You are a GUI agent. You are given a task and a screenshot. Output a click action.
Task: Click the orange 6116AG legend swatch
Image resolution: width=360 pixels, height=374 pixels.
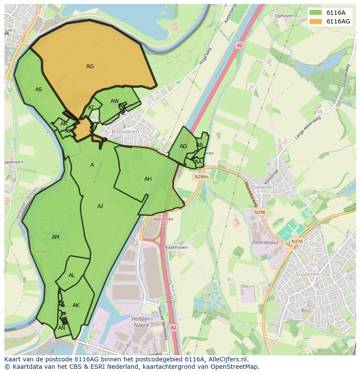316,21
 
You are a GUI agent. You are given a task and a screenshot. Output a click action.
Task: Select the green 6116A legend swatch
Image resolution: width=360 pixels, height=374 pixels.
316,13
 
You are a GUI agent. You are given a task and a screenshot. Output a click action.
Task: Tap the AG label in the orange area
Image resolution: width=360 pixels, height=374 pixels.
90,66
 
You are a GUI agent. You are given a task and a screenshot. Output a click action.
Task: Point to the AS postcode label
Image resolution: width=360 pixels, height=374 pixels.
39,89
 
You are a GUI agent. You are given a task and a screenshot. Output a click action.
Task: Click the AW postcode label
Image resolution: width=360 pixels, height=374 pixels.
114,101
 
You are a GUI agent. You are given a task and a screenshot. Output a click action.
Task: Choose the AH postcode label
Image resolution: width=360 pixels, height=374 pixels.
148,179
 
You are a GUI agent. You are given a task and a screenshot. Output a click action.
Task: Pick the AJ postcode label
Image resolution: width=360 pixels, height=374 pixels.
100,206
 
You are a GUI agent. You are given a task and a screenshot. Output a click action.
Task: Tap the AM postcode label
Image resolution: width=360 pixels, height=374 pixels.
56,237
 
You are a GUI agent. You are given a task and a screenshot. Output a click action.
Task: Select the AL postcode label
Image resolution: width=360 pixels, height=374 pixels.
72,275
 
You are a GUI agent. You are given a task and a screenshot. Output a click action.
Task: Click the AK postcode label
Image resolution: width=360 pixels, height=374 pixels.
76,305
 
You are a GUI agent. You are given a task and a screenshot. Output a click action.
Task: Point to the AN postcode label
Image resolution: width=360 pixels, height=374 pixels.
61,328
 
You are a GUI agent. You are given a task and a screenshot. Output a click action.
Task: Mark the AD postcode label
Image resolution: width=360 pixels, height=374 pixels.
183,146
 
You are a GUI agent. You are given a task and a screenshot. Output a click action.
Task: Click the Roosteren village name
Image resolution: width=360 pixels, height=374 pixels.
125,131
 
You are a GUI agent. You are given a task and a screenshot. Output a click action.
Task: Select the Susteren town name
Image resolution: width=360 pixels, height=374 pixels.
307,274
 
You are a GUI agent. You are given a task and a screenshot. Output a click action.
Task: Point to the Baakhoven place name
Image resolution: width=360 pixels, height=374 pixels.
176,247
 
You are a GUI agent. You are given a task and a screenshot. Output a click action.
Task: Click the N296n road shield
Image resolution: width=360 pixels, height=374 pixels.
201,177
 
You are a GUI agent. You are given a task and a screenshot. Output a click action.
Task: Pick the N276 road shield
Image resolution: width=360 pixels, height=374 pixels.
297,242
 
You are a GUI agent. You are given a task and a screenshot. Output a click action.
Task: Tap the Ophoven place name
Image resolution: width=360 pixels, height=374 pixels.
284,16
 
